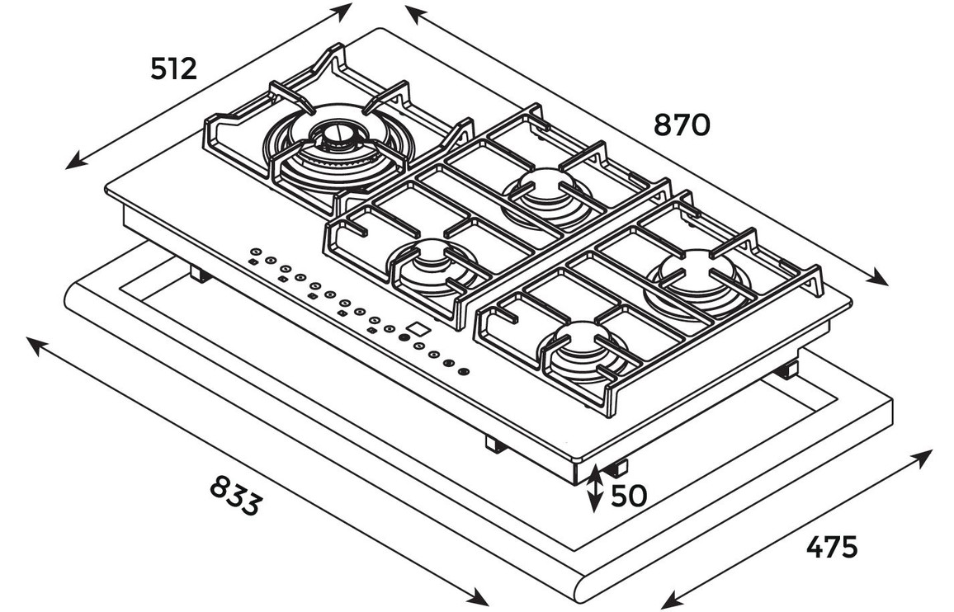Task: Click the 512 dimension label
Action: coord(174,69)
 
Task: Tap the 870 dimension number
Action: coord(682,125)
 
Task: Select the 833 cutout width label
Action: coord(235,496)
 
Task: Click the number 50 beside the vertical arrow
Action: coord(628,495)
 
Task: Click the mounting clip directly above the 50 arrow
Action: coord(615,468)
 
